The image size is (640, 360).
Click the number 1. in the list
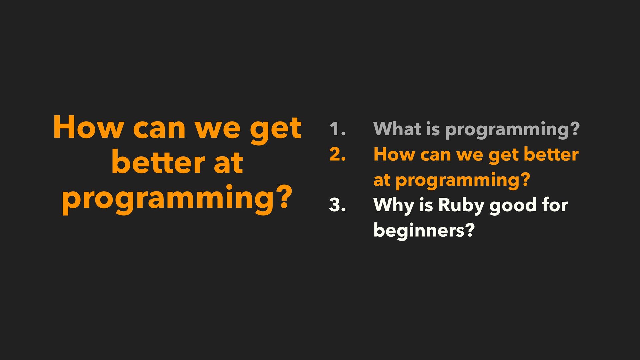[338, 129]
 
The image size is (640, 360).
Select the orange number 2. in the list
[337, 154]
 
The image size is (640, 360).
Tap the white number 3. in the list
[337, 205]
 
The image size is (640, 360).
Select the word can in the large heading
[159, 130]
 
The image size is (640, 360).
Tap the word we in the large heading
[217, 130]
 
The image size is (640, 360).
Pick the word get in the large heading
[276, 130]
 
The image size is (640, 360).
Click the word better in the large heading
[158, 162]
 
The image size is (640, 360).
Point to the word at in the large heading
[228, 164]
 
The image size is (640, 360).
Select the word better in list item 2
[551, 154]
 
